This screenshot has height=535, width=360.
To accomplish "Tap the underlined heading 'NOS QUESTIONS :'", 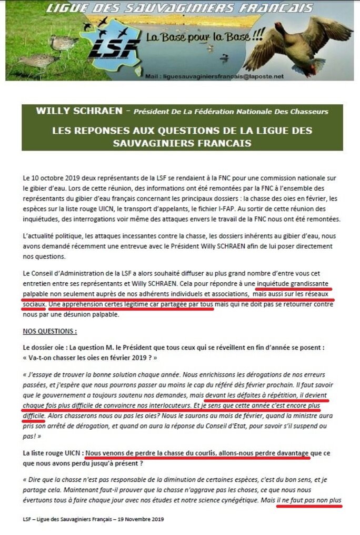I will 50,332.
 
